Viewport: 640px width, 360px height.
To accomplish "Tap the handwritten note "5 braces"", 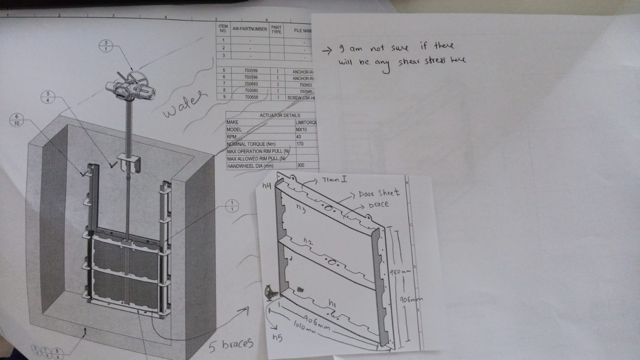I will pos(231,344).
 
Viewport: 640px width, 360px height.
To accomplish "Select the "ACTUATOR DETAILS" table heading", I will pos(280,115).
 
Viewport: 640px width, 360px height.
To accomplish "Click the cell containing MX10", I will pos(301,130).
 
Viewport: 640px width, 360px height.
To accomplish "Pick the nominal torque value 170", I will pos(300,144).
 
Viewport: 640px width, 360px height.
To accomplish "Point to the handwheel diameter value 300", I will pos(301,165).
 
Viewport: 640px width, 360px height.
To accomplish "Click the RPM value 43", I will pos(299,137).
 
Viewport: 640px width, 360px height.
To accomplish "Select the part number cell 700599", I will pos(251,70).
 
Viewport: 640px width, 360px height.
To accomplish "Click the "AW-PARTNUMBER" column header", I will pos(249,29).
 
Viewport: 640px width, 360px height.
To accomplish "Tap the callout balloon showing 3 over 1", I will pos(106,46).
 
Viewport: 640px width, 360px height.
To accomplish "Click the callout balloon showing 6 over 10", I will pos(16,120).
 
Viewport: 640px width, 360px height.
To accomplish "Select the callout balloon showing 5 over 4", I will pos(48,97).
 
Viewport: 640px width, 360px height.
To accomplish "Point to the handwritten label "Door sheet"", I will pos(379,193).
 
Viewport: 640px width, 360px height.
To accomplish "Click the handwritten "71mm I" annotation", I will pos(334,180).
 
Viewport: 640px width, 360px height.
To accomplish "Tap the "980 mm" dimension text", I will pos(400,272).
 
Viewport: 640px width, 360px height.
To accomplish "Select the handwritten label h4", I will pos(267,185).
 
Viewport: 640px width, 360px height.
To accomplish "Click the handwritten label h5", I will pos(277,338).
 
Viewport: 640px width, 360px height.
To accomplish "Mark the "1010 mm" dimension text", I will pos(305,327).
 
